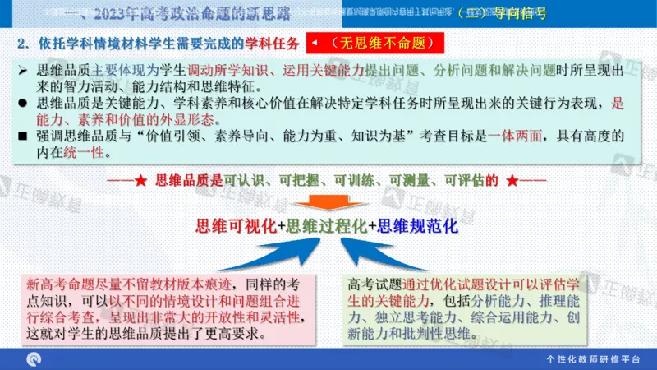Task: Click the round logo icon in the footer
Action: (x=34, y=359)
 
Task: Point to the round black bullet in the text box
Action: (x=24, y=104)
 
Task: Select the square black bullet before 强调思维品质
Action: (x=24, y=136)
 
